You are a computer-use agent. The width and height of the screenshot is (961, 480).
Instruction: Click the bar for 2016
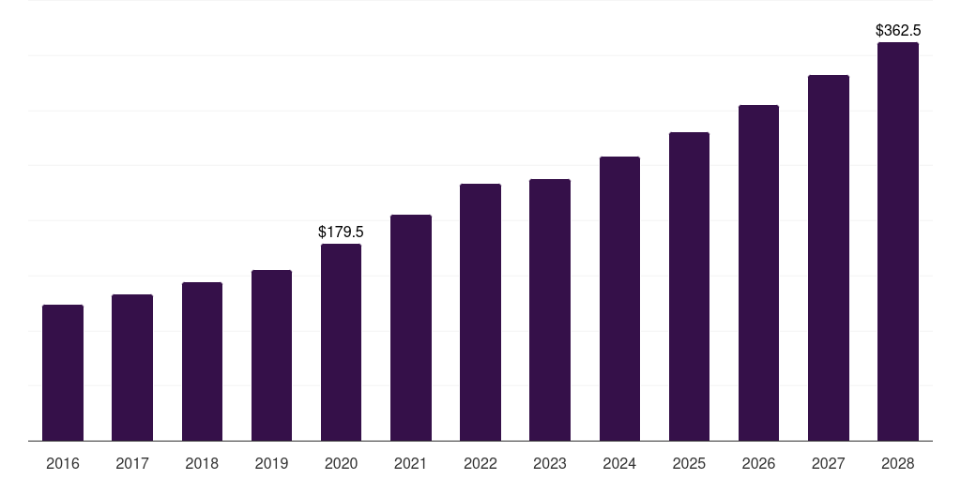point(63,373)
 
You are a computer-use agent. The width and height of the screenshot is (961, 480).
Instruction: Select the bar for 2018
point(202,362)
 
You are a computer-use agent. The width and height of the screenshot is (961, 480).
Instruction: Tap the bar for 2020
point(341,342)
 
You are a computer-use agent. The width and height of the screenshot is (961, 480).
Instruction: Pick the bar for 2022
point(480,312)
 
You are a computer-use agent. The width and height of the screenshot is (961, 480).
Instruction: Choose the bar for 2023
point(550,310)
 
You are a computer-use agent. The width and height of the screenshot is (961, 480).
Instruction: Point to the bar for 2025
point(689,287)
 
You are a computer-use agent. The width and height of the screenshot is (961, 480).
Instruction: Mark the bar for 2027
point(829,258)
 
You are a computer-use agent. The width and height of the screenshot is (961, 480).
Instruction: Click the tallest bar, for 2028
point(898,242)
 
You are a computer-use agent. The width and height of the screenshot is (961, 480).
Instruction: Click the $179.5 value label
point(341,232)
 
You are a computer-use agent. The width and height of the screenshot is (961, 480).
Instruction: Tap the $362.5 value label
point(898,31)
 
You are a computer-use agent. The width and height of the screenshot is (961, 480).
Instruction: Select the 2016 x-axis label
point(63,463)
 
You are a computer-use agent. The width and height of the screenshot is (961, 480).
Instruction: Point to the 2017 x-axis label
point(132,463)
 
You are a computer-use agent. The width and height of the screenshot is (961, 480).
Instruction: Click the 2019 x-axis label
point(271,463)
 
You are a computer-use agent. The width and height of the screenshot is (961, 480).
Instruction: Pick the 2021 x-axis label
point(411,463)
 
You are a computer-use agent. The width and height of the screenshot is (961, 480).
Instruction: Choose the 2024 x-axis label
point(619,463)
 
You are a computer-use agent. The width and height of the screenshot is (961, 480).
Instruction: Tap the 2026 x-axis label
point(758,463)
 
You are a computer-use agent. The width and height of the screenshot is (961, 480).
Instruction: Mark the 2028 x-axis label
point(898,463)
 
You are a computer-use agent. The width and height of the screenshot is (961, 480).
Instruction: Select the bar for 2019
point(271,355)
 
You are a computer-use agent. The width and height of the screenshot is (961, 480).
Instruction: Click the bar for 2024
point(619,299)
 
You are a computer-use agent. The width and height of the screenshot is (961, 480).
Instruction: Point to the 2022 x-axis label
point(480,463)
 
